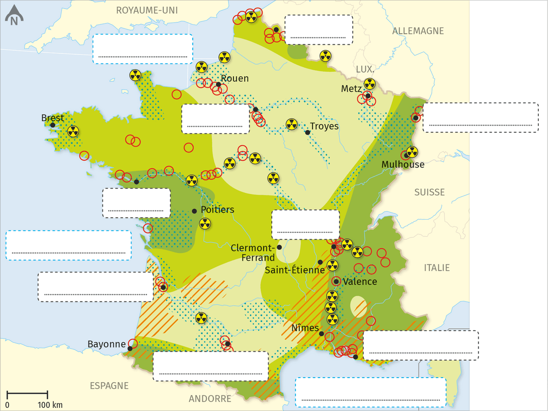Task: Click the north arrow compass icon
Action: (14, 16)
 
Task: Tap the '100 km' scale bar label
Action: (51, 405)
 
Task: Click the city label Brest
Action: (53, 118)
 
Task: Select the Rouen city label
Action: (235, 79)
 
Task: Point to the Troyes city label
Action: (324, 126)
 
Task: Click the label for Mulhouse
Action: (403, 164)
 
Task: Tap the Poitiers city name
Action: (217, 210)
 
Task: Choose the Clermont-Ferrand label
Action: (253, 253)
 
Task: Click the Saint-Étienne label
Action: (295, 270)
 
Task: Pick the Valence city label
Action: (360, 281)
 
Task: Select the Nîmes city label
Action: (305, 327)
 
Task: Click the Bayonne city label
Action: (106, 344)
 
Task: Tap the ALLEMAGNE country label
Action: (418, 31)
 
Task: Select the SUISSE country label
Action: (429, 192)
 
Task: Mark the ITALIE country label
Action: (437, 268)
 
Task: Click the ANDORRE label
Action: (210, 399)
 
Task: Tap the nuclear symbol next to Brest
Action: (73, 132)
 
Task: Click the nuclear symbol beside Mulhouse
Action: (412, 152)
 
